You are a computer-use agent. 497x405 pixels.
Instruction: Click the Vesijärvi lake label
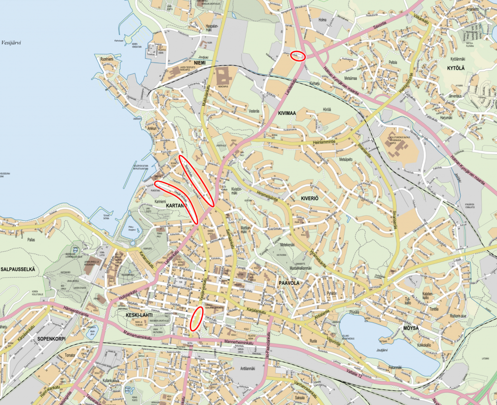[x=14, y=42]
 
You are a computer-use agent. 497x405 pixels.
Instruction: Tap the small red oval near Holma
[x=298, y=56]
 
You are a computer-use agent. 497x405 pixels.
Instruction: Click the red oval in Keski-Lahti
[x=196, y=318]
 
